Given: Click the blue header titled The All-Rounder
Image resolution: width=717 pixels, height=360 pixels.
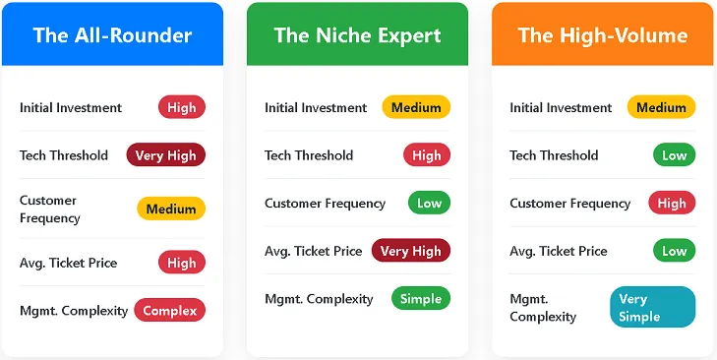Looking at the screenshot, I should click(112, 35).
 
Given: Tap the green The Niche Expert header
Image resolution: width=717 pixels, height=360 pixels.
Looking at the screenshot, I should click(357, 35).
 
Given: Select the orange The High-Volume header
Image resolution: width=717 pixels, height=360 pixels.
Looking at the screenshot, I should click(602, 35).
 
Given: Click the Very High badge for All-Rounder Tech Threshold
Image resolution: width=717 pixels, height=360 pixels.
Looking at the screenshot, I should click(165, 154).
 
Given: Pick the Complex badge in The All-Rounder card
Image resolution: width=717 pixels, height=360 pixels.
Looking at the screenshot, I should click(169, 310).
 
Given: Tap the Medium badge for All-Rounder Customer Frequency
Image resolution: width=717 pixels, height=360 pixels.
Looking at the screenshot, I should click(171, 209).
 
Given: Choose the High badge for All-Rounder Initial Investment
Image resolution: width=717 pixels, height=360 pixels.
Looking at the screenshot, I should click(181, 107).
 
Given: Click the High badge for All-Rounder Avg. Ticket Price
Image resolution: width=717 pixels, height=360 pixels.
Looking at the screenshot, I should click(181, 263).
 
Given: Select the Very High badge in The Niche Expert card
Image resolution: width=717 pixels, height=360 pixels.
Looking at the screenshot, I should click(410, 251).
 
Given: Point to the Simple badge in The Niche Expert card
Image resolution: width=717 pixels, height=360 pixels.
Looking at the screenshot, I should click(421, 298).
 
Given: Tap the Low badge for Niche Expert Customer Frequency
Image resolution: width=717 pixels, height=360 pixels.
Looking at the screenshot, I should click(429, 203).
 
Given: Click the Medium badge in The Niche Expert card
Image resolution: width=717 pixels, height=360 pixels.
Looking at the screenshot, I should click(416, 107).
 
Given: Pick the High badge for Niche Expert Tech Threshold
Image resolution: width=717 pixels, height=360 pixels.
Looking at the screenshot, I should click(426, 154).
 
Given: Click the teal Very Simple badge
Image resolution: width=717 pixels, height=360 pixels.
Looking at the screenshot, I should click(652, 307).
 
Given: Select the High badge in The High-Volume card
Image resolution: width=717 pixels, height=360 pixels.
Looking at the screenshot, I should click(672, 203).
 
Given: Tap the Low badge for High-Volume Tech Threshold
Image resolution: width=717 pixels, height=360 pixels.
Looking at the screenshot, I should click(674, 154).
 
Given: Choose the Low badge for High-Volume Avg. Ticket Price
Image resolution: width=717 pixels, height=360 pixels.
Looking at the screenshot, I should click(674, 251).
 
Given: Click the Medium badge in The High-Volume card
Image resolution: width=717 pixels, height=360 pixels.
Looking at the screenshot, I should click(661, 107).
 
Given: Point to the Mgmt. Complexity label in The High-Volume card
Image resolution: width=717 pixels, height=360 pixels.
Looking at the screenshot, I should click(543, 307).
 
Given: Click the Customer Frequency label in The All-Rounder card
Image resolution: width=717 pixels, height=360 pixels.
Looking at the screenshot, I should click(49, 209).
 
